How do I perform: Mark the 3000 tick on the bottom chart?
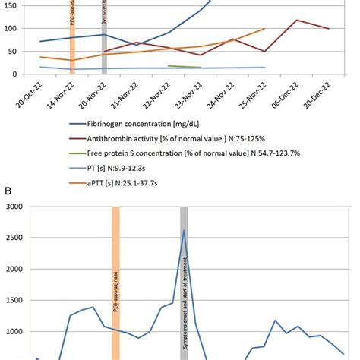coord(14,206)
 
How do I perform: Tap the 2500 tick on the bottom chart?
coord(14,238)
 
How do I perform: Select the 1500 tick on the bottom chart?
coord(14,301)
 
